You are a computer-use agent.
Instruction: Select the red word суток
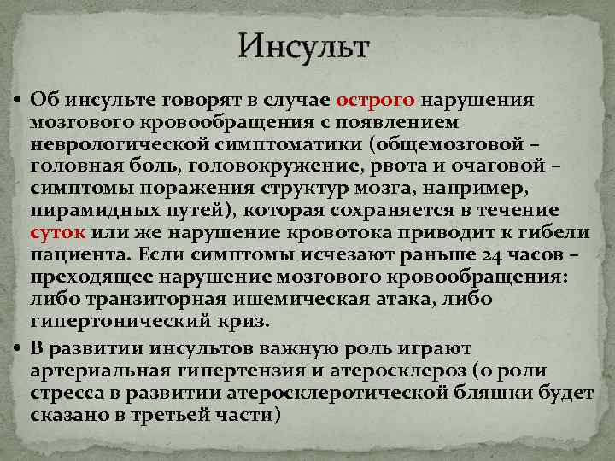56,232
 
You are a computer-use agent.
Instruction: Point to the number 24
487,254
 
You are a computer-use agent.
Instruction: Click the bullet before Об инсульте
17,100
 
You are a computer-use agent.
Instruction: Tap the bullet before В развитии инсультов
17,349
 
